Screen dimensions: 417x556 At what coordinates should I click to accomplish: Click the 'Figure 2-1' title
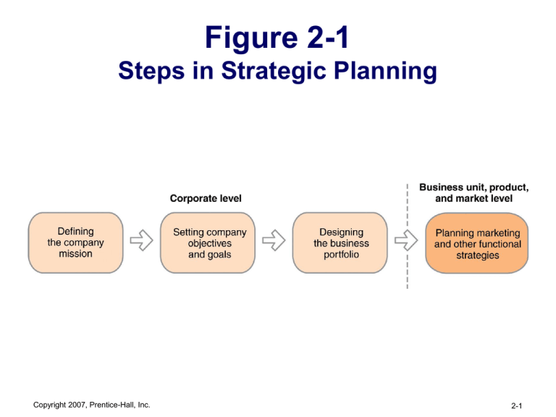pos(278,38)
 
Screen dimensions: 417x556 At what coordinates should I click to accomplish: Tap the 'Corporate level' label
pos(206,198)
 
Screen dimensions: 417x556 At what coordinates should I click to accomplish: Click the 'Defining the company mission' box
pos(75,243)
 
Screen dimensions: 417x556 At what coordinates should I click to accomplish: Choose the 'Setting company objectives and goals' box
pos(210,243)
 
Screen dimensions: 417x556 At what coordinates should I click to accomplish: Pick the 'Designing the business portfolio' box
pos(341,243)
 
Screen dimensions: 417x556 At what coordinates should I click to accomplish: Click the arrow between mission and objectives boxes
pos(141,240)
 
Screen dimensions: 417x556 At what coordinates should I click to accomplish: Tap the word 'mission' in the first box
pos(75,254)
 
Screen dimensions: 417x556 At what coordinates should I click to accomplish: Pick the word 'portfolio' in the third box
pos(341,255)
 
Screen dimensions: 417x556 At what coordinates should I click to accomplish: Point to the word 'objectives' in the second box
pos(210,243)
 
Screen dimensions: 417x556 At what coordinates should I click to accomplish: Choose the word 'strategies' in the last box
pos(477,256)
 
